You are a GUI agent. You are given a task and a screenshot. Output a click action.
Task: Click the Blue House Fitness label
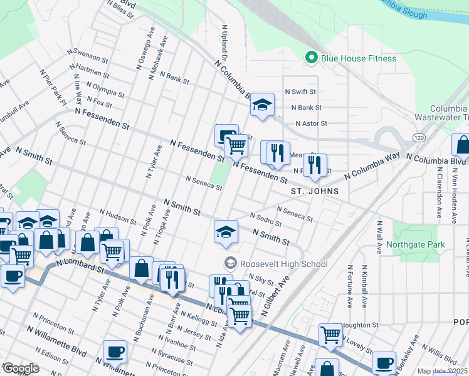point(358,58)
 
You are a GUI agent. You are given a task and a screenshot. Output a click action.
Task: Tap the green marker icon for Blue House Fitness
point(310,58)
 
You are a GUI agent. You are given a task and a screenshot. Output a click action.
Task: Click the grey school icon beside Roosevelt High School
point(230,263)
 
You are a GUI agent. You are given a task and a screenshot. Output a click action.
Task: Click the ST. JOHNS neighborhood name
point(314,191)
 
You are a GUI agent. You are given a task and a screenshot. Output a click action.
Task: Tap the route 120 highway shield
point(418,136)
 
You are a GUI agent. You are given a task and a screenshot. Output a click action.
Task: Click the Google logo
point(21,368)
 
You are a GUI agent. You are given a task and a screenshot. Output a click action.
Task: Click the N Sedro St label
point(266,219)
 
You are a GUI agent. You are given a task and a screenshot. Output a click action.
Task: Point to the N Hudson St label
point(117,217)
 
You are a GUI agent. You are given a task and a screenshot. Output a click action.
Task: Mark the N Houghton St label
point(357,325)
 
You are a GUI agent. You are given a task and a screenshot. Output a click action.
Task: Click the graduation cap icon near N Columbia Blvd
point(262,105)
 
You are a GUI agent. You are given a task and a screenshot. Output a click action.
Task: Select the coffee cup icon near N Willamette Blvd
point(115,351)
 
